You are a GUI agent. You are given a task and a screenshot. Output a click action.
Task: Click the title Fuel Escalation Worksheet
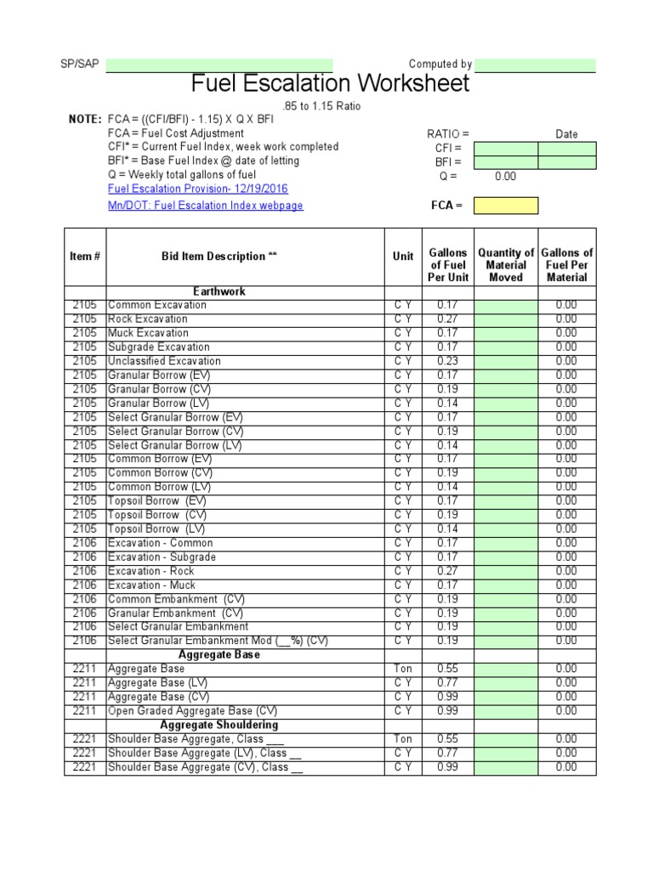330,84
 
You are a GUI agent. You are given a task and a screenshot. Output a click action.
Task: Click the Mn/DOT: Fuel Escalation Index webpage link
205,206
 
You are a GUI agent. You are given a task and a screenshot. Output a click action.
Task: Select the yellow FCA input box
506,206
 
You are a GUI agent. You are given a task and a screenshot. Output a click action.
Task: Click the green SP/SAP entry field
219,65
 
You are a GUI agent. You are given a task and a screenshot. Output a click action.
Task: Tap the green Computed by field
535,65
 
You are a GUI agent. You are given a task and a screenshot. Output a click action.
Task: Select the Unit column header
403,256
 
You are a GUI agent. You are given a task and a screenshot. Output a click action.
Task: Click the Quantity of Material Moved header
506,265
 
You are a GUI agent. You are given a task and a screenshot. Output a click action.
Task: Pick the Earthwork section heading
219,291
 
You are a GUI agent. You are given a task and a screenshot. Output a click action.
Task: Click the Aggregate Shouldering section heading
219,725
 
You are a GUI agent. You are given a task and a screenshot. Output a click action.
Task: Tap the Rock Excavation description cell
148,319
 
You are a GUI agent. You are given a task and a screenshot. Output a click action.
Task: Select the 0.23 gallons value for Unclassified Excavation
447,361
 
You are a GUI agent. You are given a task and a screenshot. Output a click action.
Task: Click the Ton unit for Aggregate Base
403,669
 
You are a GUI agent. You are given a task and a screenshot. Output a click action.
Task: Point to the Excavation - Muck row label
151,585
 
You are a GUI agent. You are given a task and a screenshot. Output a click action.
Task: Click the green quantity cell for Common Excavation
506,305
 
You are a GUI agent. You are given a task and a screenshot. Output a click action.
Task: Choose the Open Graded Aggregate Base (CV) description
192,711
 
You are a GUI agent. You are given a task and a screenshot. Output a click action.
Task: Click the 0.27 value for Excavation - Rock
447,571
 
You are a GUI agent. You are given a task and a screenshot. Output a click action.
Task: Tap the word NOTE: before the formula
85,120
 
